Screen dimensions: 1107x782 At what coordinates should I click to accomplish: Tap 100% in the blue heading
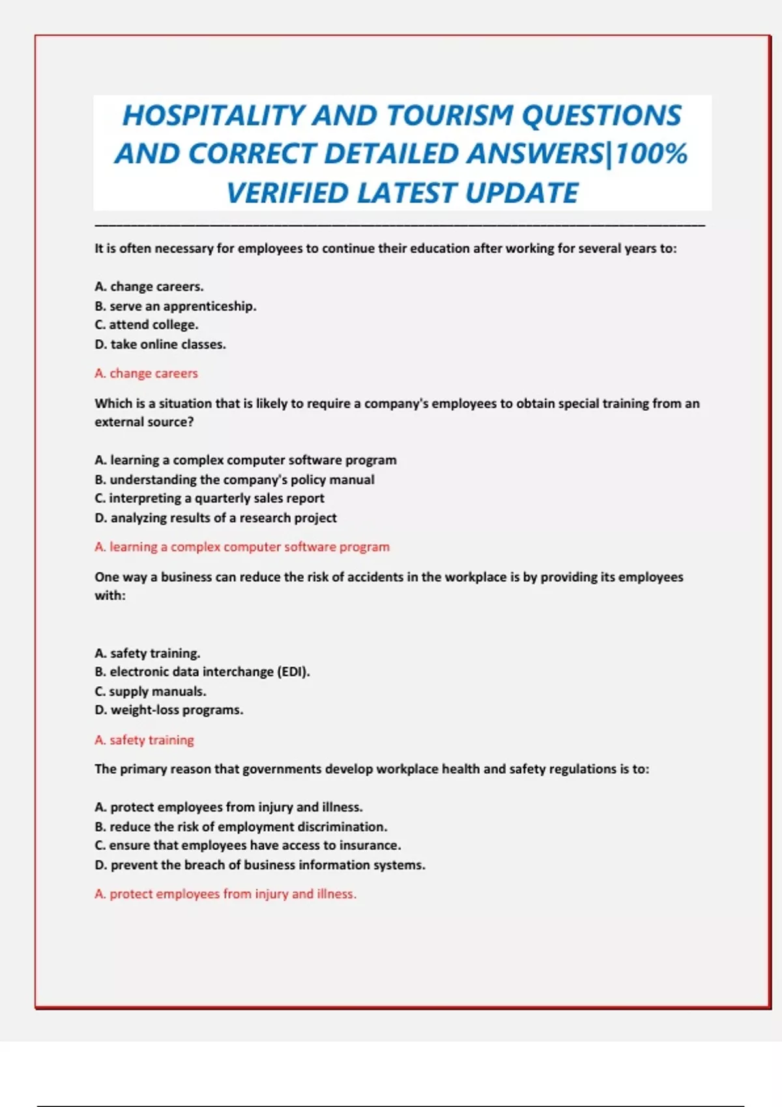point(651,154)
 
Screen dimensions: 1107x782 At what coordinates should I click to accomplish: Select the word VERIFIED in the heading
point(287,193)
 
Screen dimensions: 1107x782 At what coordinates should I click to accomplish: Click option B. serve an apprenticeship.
point(175,306)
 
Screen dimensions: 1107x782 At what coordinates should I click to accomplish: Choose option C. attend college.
point(147,325)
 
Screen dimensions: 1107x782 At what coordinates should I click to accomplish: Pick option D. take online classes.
point(160,344)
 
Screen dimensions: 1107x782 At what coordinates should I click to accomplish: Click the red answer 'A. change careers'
point(146,374)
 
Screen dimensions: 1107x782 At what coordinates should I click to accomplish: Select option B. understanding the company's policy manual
point(235,480)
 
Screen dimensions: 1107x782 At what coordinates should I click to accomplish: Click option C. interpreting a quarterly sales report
point(209,499)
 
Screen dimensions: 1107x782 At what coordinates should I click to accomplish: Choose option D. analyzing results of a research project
point(216,518)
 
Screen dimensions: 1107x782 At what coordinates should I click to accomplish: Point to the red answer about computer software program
point(242,547)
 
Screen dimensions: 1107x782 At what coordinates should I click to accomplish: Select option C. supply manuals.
point(151,692)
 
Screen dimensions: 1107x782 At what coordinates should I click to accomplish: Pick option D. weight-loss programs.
point(169,710)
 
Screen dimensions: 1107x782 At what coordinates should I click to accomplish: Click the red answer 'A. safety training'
point(144,740)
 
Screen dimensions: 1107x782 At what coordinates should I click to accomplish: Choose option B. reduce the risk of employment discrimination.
point(241,827)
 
